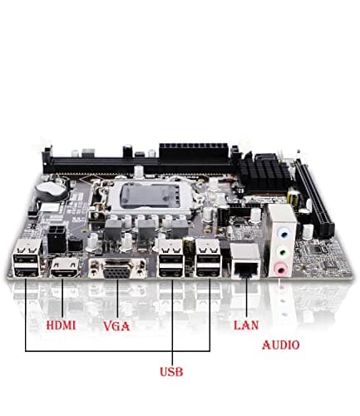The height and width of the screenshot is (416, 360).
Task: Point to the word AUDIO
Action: pos(281,344)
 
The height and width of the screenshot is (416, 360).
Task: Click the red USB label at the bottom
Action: pos(171,371)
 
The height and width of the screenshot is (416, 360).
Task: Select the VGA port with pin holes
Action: pos(118,271)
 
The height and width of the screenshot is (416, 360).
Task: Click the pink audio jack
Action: pos(283,265)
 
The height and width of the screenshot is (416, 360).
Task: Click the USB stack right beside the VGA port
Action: pos(171,260)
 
